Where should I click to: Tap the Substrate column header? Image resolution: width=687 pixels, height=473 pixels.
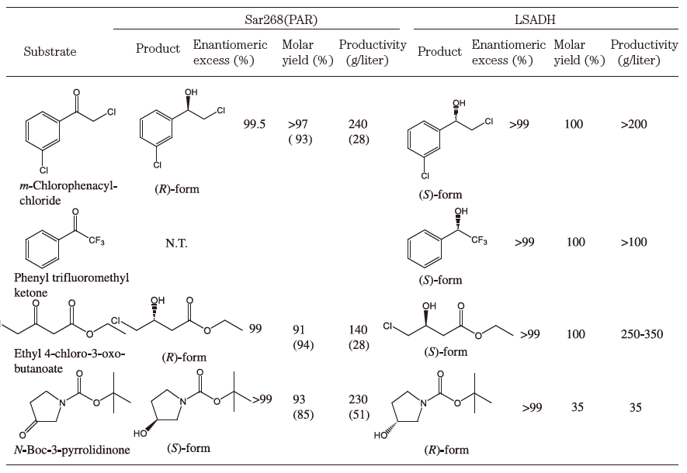[50, 52]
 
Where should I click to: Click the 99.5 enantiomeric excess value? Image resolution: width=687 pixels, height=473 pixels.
[255, 124]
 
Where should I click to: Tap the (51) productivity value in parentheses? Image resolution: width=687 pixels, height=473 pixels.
[359, 415]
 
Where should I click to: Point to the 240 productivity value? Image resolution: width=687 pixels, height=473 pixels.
[359, 124]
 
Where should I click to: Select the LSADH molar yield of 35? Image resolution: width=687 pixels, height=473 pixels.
[575, 407]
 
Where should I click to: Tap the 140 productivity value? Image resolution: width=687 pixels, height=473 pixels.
[359, 330]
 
